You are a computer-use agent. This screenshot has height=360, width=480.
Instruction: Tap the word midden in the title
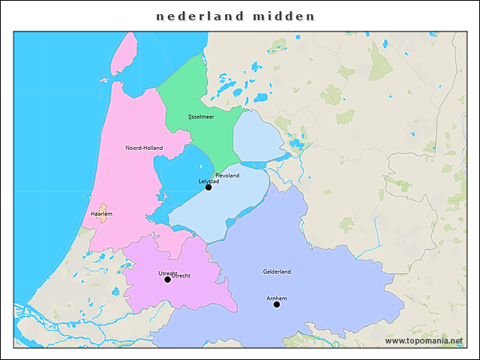pos(284,16)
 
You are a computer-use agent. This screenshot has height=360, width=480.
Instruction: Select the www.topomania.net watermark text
pos(424,341)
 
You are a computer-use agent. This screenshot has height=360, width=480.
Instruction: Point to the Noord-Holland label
pos(144,148)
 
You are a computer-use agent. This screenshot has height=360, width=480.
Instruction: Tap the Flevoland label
pos(227,175)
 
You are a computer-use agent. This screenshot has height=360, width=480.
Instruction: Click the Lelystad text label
pos(208,181)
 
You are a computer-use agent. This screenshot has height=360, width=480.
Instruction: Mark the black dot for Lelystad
pos(208,187)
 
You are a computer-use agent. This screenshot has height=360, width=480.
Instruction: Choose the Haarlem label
pos(101,214)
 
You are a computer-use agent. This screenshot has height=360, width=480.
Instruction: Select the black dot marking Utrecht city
pos(167,280)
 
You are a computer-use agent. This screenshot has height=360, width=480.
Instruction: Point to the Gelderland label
pos(277,271)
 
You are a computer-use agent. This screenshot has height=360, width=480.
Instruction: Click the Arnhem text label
pos(277,298)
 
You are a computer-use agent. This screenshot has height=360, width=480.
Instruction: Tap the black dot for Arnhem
pos(277,304)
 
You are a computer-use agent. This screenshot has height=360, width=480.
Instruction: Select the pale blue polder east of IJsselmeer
pos(255,135)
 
